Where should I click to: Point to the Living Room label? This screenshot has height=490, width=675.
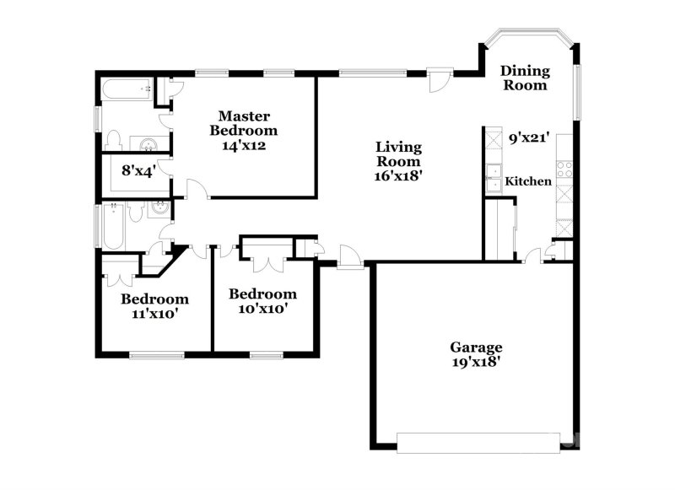pos(398,154)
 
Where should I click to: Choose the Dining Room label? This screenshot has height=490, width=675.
pos(524,78)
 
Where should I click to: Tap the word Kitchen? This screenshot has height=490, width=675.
pos(528,181)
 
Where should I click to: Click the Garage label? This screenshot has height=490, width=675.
pos(475,347)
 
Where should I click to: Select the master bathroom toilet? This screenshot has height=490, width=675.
pos(117,141)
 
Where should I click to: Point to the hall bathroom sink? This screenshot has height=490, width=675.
pos(158,209)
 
